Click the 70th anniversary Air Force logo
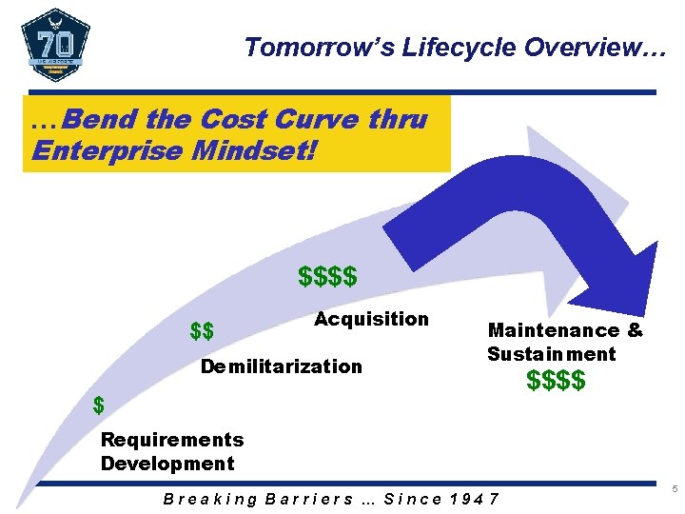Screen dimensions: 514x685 [x=55, y=46]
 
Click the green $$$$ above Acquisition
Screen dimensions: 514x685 [x=327, y=277]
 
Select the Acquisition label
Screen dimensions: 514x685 [x=371, y=319]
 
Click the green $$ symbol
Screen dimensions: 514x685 [x=202, y=332]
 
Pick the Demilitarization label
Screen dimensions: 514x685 [x=281, y=366]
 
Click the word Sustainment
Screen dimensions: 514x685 [x=552, y=354]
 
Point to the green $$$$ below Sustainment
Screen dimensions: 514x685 [x=557, y=382]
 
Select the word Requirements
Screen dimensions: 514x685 [x=172, y=440]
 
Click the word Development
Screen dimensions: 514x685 [x=167, y=464]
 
